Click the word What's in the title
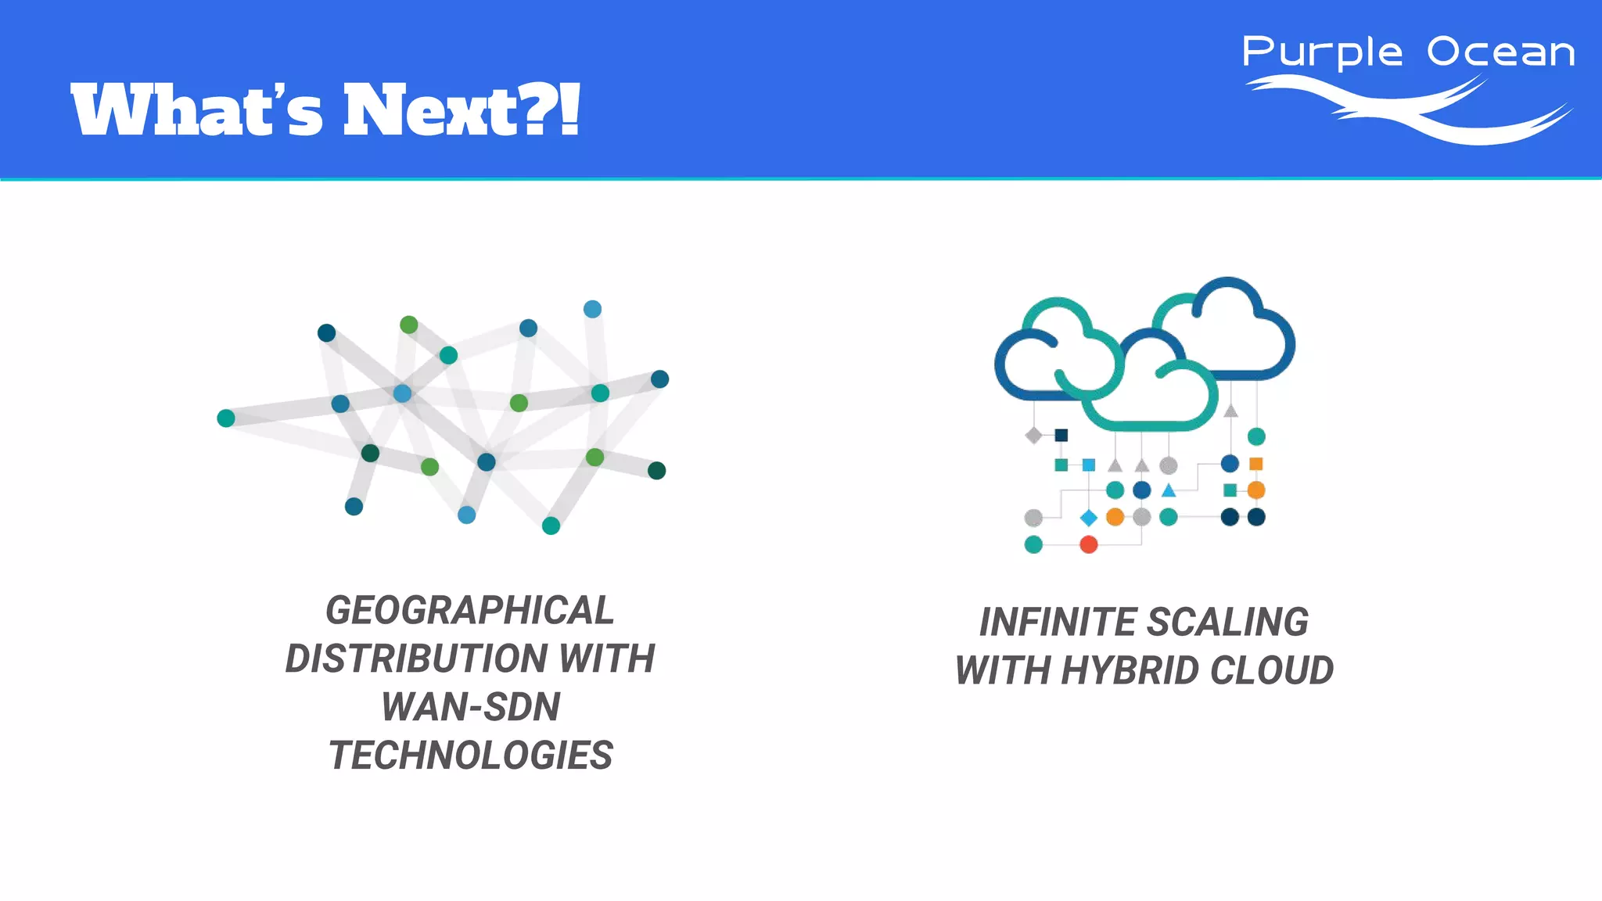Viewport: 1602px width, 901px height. click(196, 109)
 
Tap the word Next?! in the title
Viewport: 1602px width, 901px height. click(462, 109)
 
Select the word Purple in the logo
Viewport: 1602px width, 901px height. click(1322, 53)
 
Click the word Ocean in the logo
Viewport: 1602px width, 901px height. click(1500, 52)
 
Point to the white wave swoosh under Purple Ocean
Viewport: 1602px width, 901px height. click(1408, 109)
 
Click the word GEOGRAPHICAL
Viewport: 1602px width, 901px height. click(470, 611)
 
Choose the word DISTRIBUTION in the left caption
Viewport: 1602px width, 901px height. click(415, 659)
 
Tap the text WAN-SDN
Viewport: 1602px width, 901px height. click(470, 707)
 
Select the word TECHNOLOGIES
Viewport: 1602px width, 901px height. click(470, 756)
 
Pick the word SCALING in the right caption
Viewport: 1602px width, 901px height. click(1228, 623)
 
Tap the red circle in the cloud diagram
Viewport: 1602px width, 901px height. click(1088, 544)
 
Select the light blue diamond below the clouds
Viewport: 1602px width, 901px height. click(1088, 518)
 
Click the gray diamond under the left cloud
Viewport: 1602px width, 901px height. click(1033, 435)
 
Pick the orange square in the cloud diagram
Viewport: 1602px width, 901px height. click(1256, 464)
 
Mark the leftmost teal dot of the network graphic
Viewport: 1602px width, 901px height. click(226, 418)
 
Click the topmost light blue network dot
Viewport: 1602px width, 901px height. click(592, 309)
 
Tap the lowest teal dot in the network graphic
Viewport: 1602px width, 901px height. click(551, 526)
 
